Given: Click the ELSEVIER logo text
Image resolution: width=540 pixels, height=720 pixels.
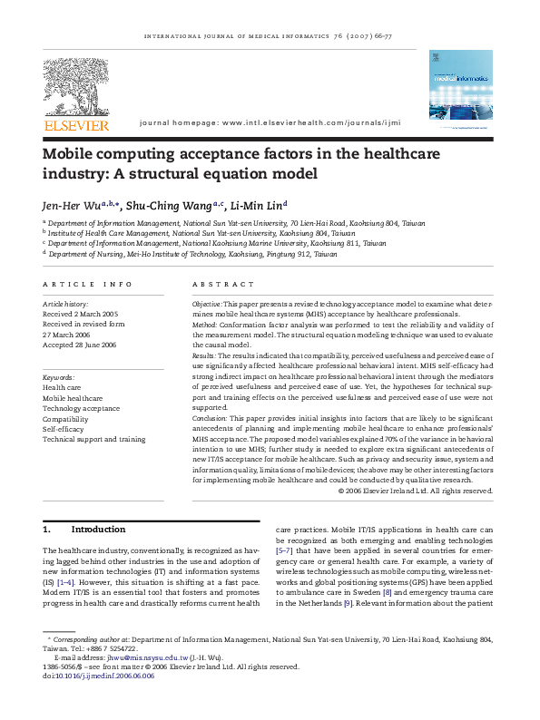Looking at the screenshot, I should click(77, 125).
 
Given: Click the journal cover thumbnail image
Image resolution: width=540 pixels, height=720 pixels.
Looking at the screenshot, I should click(460, 92).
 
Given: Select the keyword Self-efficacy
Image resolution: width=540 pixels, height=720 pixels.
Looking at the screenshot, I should click(64, 428).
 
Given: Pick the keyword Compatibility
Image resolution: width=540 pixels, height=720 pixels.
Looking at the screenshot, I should click(66, 418).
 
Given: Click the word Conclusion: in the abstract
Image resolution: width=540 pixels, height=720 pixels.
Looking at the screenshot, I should click(211, 419).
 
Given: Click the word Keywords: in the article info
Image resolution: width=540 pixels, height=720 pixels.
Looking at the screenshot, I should click(59, 376).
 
